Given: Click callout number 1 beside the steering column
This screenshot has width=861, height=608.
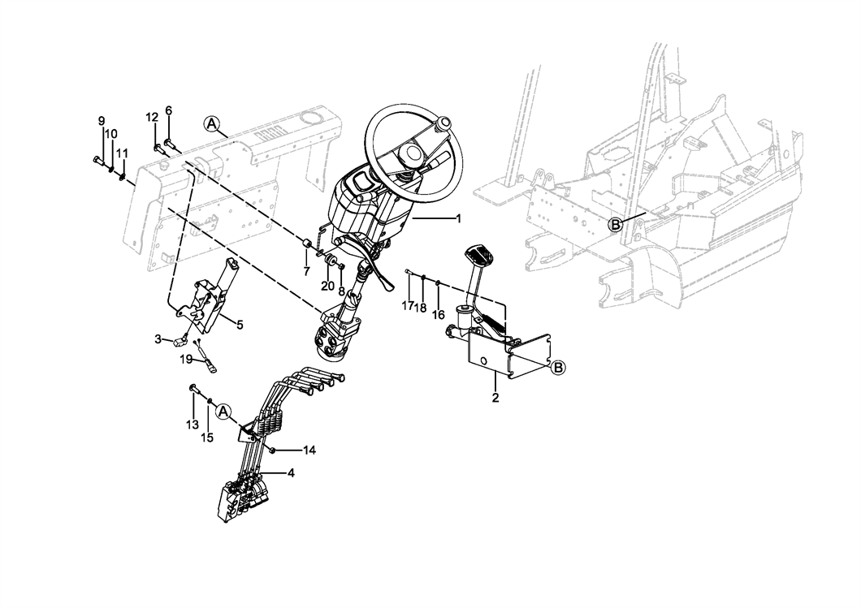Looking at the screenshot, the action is click(458, 218).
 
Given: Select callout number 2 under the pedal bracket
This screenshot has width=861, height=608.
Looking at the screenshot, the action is click(495, 397).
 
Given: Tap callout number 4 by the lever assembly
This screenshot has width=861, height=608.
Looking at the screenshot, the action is click(291, 472).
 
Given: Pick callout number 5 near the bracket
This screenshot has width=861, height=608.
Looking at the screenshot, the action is click(240, 325).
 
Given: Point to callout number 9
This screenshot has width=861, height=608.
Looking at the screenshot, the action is click(101, 121).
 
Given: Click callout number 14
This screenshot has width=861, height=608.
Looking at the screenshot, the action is click(309, 451).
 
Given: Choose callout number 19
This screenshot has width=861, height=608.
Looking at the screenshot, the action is click(187, 360).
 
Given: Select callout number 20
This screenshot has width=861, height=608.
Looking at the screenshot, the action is click(327, 286).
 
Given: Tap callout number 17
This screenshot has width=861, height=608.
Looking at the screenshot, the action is click(408, 306).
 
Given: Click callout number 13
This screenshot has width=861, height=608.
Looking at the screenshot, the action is click(193, 425).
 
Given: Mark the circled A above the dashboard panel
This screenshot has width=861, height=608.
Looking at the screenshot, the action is click(212, 124).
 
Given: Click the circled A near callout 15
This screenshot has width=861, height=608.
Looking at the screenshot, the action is click(223, 411).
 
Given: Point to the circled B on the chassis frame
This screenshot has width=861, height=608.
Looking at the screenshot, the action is click(616, 224).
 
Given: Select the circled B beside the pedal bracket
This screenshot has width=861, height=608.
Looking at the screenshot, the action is click(558, 367).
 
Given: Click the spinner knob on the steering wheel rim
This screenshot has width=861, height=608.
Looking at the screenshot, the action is click(443, 123).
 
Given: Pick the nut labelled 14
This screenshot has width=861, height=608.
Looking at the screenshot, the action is click(272, 451).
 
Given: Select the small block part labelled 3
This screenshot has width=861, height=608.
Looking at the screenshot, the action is click(179, 342).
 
